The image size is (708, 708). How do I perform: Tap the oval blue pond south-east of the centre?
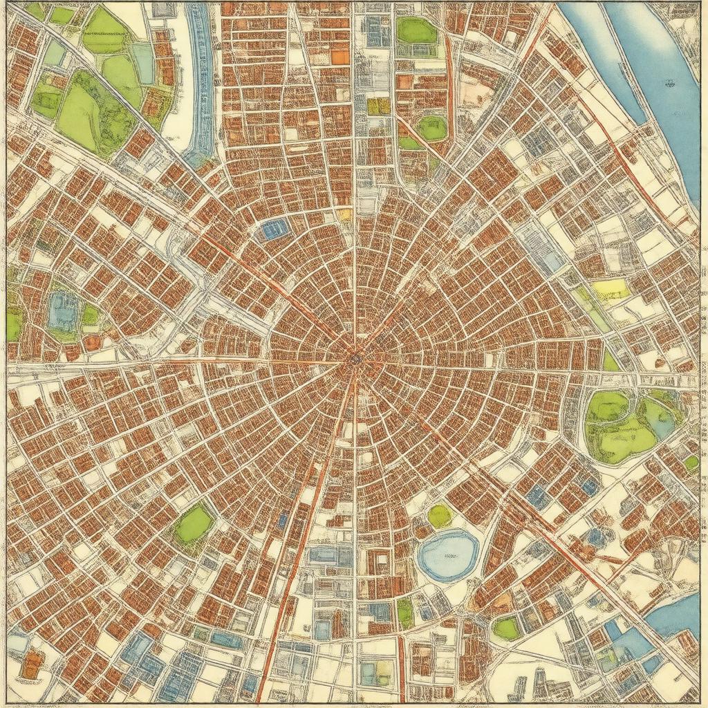pos(449,555)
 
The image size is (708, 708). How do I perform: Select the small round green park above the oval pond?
pos(439,515)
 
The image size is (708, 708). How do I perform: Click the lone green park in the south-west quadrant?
pos(193,524)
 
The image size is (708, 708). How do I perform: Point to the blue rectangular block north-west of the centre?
pos(274,229)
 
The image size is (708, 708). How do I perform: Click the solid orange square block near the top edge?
pos(340,57)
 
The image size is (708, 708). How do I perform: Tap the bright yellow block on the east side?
pos(611,290)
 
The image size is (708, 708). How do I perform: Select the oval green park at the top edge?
pos(416,30)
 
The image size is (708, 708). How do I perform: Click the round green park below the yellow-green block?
pos(433,128)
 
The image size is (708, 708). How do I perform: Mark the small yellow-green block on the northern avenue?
pos(378,106)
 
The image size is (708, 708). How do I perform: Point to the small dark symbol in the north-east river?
pos(669,84)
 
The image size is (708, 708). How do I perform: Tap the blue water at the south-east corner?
pos(680,615)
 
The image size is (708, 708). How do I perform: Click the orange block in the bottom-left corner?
pos(32,665)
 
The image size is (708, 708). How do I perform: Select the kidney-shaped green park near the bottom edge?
pos(507,628)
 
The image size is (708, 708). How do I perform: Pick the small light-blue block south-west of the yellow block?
pos(552,261)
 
